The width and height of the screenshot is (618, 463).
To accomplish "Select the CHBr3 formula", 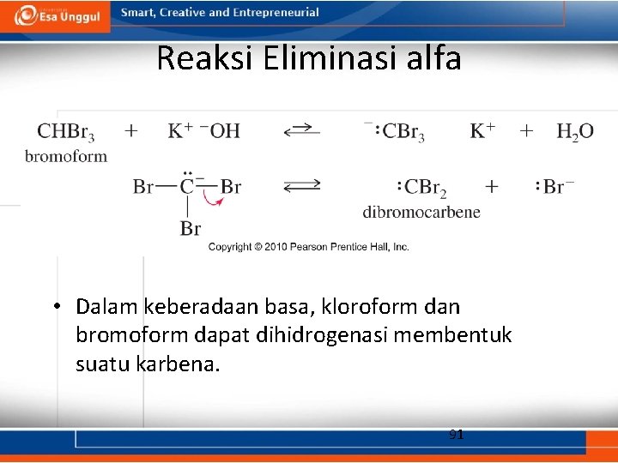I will (x=66, y=132).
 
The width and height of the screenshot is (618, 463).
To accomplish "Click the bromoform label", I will (x=66, y=156).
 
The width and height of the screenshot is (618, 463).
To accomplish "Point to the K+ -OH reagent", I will (x=203, y=131).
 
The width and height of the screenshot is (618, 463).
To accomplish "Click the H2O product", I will (x=574, y=132).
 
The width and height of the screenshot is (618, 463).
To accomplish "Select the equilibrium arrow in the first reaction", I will (x=302, y=131).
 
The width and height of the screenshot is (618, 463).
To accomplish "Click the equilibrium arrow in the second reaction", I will (x=302, y=185).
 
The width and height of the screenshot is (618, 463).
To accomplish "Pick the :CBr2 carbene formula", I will (x=422, y=187).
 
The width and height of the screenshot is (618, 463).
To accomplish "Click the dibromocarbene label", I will (x=421, y=212).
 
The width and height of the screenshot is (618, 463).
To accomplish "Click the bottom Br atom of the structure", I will (x=190, y=228).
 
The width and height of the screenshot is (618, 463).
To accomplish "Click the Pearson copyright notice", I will (x=308, y=247).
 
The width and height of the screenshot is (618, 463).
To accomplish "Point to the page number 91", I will (x=456, y=435).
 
